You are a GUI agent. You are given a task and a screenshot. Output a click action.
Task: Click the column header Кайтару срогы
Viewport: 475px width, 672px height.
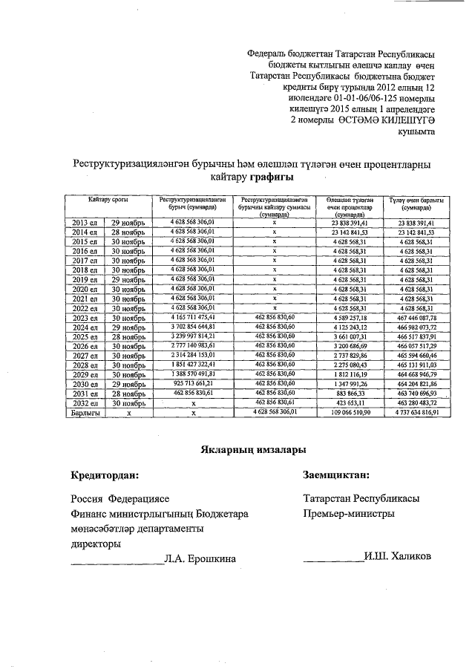click(x=111, y=200)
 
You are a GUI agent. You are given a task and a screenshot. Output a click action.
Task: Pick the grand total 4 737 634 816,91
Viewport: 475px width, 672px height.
click(x=417, y=411)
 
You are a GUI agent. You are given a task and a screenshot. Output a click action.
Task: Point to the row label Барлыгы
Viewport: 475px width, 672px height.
click(x=83, y=411)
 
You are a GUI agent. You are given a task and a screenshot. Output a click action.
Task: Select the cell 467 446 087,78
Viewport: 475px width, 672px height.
click(x=417, y=317)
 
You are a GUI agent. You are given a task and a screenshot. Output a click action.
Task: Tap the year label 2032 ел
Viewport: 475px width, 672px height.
click(x=83, y=402)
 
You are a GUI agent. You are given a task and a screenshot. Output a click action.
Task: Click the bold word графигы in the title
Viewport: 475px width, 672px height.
click(x=270, y=177)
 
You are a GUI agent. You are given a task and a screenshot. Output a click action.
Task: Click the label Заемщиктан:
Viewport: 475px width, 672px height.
click(x=337, y=474)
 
